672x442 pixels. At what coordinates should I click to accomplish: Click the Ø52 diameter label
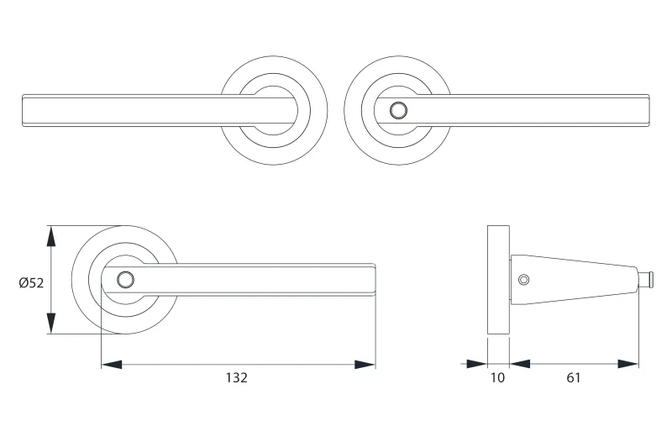(31, 283)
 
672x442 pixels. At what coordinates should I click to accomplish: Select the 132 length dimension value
(237, 377)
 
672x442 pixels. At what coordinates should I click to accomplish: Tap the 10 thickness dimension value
(497, 377)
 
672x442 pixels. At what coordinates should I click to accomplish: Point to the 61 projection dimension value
(574, 377)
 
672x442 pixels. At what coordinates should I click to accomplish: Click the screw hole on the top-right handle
(398, 111)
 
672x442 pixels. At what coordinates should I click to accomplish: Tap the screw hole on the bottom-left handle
(125, 280)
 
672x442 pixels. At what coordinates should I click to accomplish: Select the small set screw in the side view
(523, 280)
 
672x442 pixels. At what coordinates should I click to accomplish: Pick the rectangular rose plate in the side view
(498, 280)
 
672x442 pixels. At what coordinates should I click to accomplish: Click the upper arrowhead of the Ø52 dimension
(51, 236)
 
